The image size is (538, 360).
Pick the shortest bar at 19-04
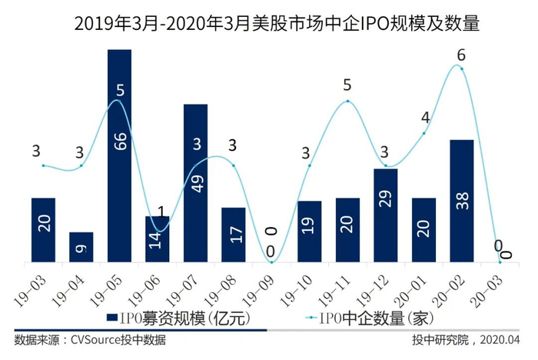coord(81,248)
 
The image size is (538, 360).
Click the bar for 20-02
coord(461,202)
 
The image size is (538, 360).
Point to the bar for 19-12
coord(385,216)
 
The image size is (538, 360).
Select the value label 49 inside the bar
coord(195,182)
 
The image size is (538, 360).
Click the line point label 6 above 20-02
coord(461,55)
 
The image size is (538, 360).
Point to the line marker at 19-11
coord(347,101)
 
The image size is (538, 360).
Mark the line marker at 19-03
coord(44,165)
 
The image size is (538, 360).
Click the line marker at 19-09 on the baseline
coord(272,263)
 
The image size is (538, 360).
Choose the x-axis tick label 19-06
coord(147,285)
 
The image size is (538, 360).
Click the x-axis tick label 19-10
coord(299,285)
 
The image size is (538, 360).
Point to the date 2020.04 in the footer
coord(502,339)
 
